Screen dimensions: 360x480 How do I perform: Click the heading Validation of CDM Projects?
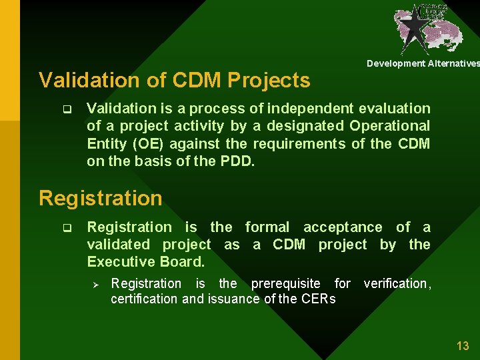174,81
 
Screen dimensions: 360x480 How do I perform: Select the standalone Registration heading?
100,198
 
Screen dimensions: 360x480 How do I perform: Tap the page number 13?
462,345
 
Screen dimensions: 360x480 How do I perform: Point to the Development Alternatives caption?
423,63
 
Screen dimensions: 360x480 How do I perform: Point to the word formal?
267,227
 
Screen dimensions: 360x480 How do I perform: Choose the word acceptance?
343,227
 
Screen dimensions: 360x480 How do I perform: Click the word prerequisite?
285,283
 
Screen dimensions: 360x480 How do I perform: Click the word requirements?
302,143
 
